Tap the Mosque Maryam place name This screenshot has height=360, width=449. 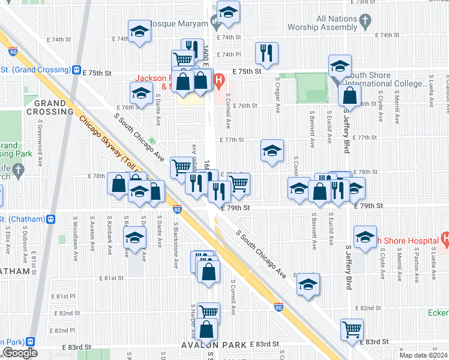178,24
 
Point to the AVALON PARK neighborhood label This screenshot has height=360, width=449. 214,345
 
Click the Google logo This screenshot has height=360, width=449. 20,353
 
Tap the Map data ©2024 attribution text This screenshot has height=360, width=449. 422,355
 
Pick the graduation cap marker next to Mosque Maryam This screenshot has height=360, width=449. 228,13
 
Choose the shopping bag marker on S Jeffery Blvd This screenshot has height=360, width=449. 349,95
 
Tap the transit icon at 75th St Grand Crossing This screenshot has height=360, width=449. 77,70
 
